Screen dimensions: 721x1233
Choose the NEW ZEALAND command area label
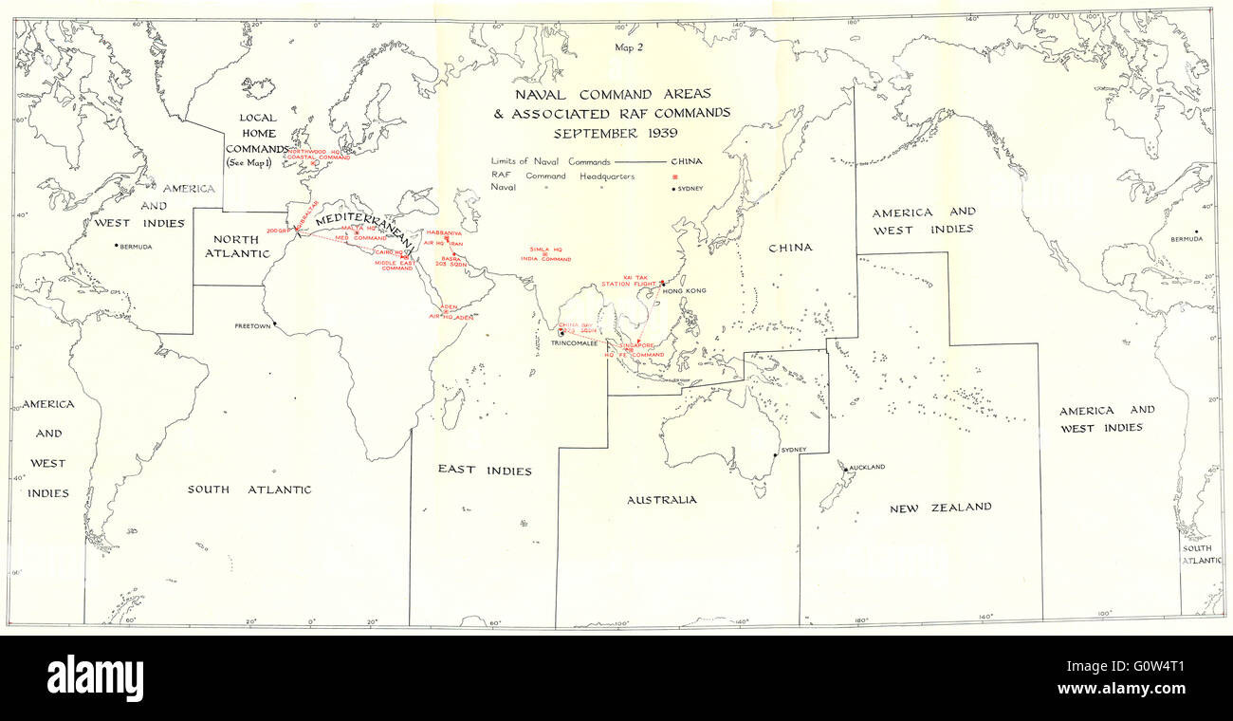point(940,508)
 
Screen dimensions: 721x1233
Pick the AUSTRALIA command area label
point(661,500)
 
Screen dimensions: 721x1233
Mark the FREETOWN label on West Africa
point(252,326)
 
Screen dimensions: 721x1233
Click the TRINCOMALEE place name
point(579,342)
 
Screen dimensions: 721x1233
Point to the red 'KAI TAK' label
point(635,277)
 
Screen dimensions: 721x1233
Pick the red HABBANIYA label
point(443,232)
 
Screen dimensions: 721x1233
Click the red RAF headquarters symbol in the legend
point(675,176)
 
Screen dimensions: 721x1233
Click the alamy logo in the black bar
point(95,677)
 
